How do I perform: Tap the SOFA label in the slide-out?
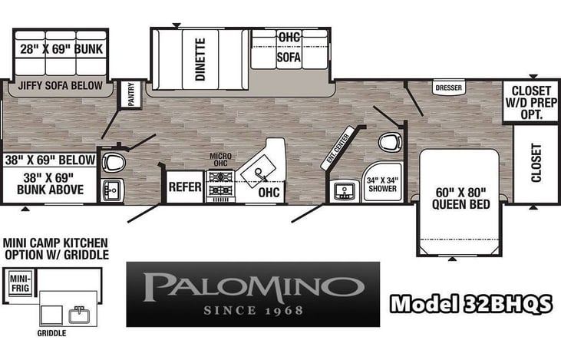(289, 57)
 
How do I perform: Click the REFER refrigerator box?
(184, 187)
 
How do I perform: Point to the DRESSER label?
(448, 88)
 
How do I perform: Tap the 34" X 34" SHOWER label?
(381, 185)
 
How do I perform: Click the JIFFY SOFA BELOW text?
(55, 85)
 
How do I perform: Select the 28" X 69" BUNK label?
(61, 50)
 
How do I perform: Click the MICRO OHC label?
(221, 158)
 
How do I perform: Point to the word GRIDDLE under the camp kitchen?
(51, 333)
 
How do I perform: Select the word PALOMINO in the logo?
(252, 286)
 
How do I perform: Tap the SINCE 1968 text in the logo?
(252, 311)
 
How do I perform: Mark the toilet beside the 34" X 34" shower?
(391, 143)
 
